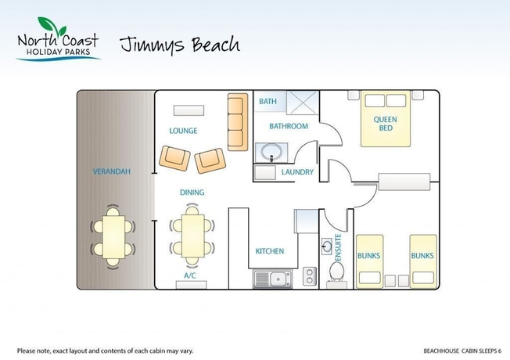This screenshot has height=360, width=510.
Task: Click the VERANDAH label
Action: [111, 171]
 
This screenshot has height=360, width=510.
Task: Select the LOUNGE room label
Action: [183, 131]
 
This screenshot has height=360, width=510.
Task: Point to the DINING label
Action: [192, 192]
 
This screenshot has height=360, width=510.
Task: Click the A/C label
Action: [190, 275]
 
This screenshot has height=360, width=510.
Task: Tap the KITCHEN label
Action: [270, 251]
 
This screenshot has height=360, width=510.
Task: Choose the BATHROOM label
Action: [289, 126]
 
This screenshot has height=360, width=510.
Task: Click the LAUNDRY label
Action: [297, 172]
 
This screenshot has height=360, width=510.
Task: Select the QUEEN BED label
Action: [385, 124]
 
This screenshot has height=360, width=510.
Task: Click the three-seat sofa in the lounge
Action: [237, 121]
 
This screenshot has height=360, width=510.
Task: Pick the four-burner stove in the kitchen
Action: [309, 275]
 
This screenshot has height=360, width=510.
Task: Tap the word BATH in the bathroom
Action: [268, 102]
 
